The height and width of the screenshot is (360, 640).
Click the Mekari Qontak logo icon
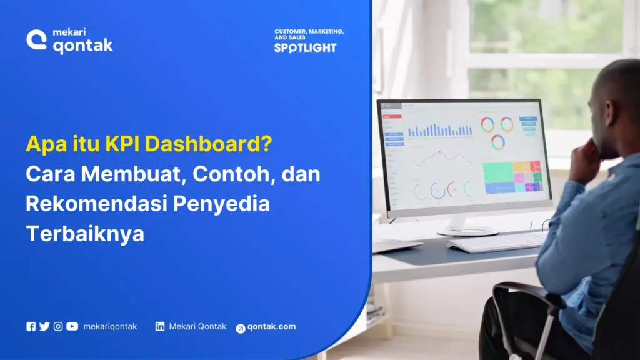(x=37, y=41)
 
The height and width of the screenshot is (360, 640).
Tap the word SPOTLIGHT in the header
(x=305, y=47)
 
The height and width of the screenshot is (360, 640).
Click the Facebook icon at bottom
(x=31, y=326)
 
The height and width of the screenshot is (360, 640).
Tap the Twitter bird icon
(x=44, y=326)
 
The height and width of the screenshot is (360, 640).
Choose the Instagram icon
(x=58, y=326)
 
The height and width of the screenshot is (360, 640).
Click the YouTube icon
(x=72, y=326)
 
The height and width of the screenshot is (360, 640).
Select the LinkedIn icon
(x=161, y=326)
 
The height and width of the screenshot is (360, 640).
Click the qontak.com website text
(x=271, y=327)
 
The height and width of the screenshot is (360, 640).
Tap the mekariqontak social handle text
(x=110, y=326)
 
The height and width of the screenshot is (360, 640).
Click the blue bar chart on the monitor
(x=440, y=130)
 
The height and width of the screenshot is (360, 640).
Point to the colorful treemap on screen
(x=512, y=177)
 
